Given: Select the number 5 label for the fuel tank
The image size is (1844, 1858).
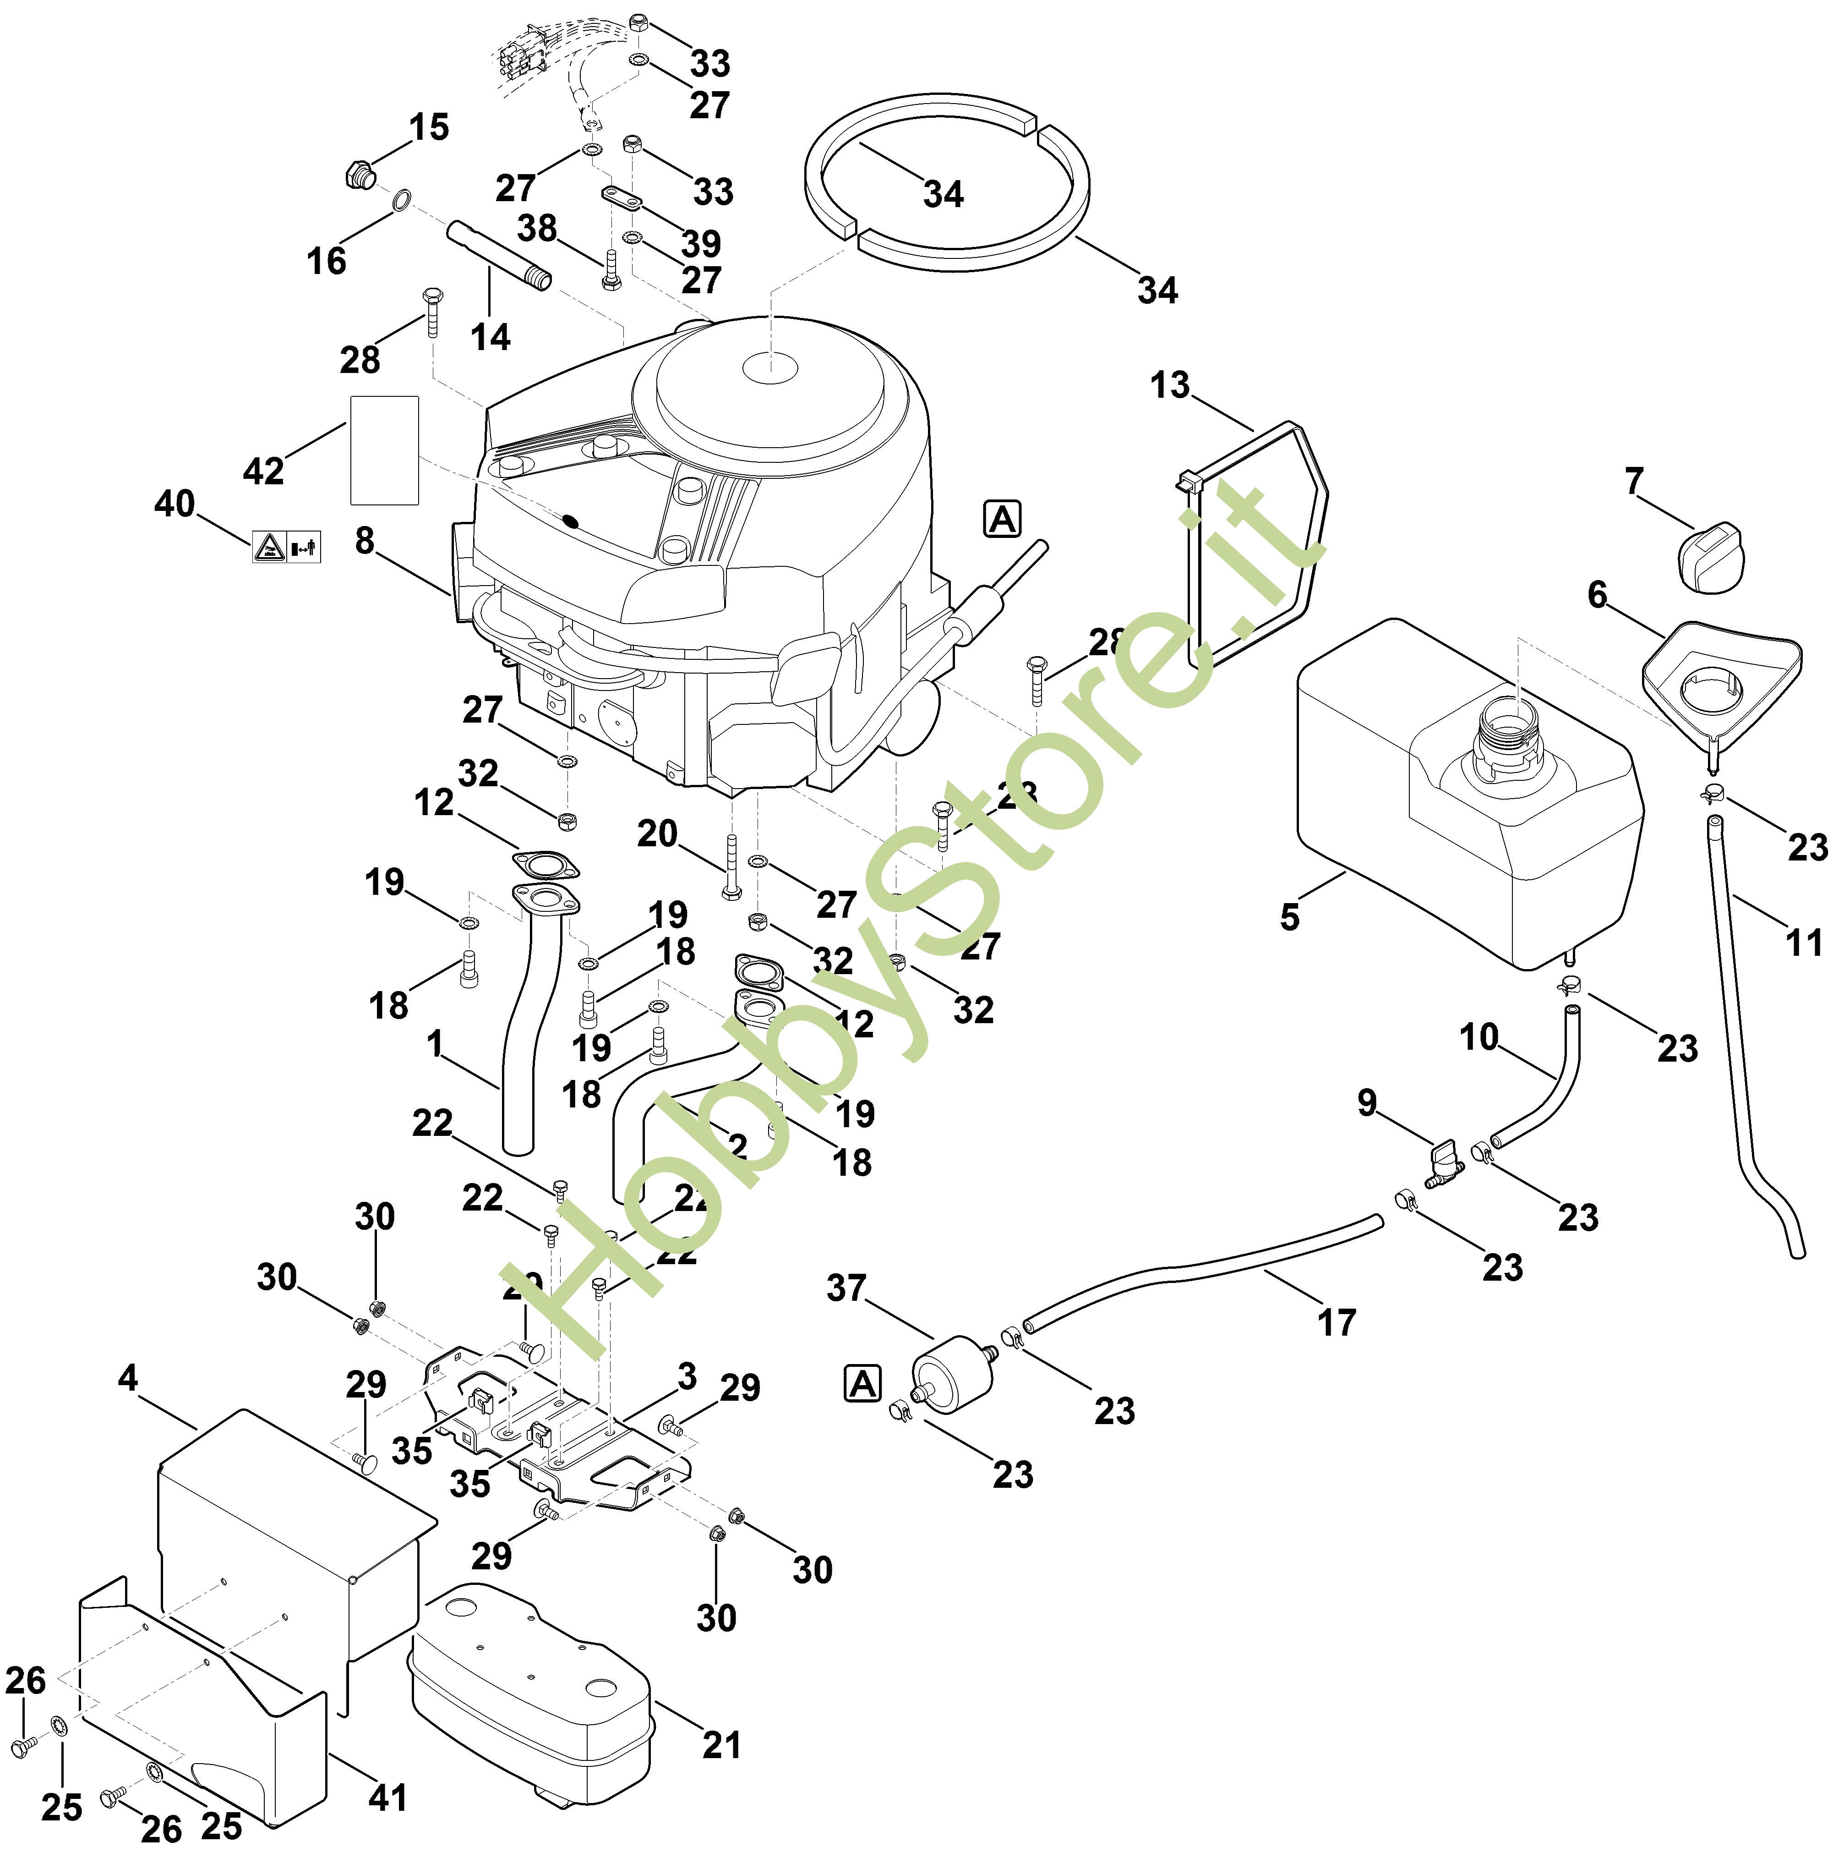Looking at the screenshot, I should [1289, 917].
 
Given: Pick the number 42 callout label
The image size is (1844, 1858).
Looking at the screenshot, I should [263, 471].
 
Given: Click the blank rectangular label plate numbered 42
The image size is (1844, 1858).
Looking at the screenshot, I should [384, 450].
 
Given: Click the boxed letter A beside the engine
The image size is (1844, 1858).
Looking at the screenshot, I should [1002, 519].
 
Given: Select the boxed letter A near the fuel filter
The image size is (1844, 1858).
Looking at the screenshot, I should [862, 1385].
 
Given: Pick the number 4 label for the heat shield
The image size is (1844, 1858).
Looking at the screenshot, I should [128, 1379].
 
